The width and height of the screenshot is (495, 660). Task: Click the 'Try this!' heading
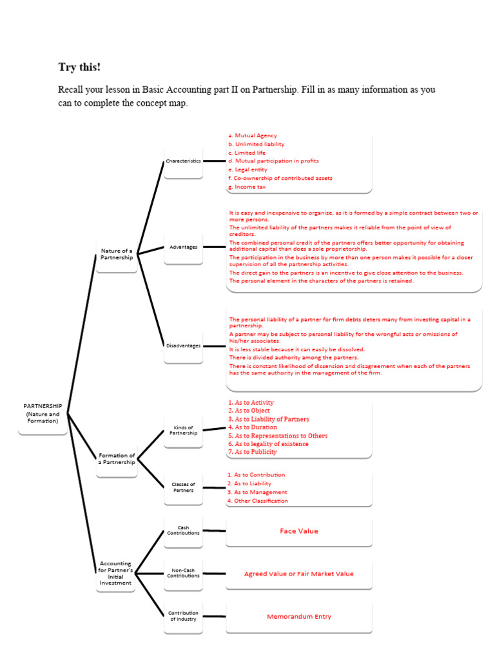click(x=79, y=67)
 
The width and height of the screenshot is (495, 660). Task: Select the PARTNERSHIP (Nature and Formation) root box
click(x=43, y=414)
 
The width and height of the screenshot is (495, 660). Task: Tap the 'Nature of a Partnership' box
click(x=117, y=254)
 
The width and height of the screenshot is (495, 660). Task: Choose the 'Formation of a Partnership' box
click(x=117, y=459)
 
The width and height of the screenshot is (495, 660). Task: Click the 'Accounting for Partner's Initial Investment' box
click(x=116, y=573)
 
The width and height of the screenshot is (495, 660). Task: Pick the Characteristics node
click(x=183, y=160)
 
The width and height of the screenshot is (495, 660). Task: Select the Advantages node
click(x=183, y=247)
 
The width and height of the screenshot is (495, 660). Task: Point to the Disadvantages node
click(x=183, y=345)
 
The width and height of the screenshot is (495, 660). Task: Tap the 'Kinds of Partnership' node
click(x=183, y=430)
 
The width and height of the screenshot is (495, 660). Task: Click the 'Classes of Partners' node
click(x=183, y=487)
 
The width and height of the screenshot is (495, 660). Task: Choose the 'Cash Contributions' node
click(x=183, y=530)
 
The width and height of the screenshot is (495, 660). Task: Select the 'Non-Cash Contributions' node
click(x=183, y=573)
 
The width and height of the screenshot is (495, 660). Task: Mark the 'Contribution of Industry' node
click(x=183, y=616)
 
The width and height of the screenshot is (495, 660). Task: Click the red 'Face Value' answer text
click(x=299, y=531)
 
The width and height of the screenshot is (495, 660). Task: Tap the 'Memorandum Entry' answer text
click(x=299, y=617)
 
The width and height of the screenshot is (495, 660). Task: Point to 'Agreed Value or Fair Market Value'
click(x=299, y=574)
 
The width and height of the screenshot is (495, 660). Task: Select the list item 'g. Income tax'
click(x=247, y=187)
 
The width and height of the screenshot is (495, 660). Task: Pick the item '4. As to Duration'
click(x=253, y=427)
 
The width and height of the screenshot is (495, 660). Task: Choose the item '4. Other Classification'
click(x=258, y=501)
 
